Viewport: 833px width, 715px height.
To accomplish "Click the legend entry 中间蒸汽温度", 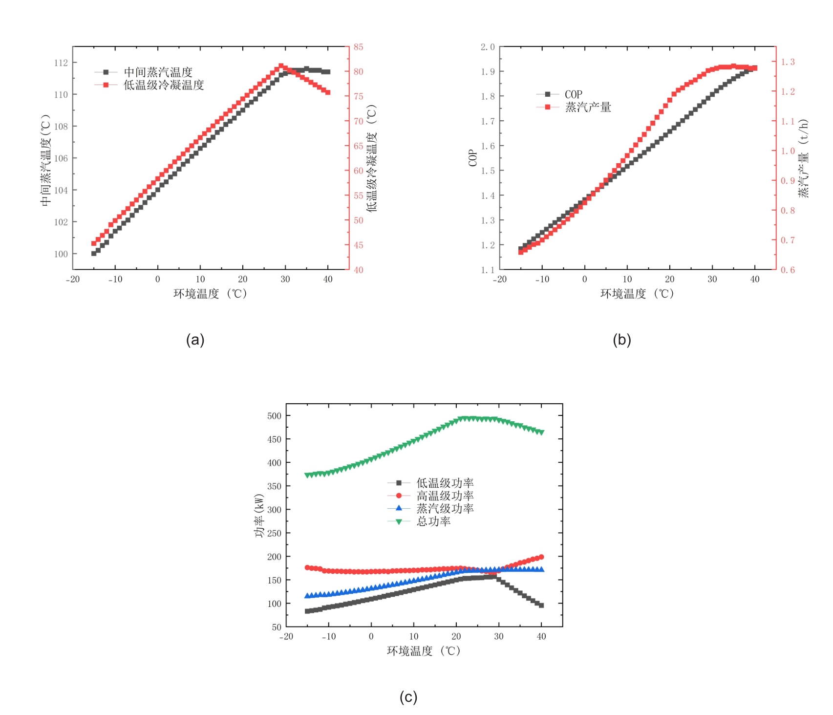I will pos(158,72).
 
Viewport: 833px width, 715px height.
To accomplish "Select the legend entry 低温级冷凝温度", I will pos(163,85).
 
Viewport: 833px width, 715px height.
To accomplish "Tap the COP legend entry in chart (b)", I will pos(573,94).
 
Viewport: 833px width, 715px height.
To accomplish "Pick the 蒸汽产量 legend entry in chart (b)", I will pos(588,107).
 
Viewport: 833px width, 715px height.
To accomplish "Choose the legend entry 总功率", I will pos(433,521).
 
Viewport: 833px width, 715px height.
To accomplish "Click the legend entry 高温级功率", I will pos(445,496).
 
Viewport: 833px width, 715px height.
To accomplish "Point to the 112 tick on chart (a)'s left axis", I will pos(61,63).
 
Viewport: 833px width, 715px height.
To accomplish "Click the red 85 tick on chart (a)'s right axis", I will pos(359,47).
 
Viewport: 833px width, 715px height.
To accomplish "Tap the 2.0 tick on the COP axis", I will pos(488,47).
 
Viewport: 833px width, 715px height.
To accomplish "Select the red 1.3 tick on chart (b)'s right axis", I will pos(788,62).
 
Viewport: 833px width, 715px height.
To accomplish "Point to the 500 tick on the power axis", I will pos(275,416).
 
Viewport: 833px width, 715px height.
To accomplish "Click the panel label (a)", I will pos(195,340).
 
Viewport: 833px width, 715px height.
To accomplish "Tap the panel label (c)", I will pos(408,696).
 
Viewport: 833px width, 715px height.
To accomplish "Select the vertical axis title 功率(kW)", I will pos(259,516).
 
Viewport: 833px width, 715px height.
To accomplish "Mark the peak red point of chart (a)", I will pos(281,66).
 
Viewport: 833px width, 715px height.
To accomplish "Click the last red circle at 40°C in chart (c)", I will pos(541,557).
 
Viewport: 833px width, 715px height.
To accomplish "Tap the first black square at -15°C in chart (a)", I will pos(94,254).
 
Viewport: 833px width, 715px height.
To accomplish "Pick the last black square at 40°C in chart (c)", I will pos(541,605).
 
